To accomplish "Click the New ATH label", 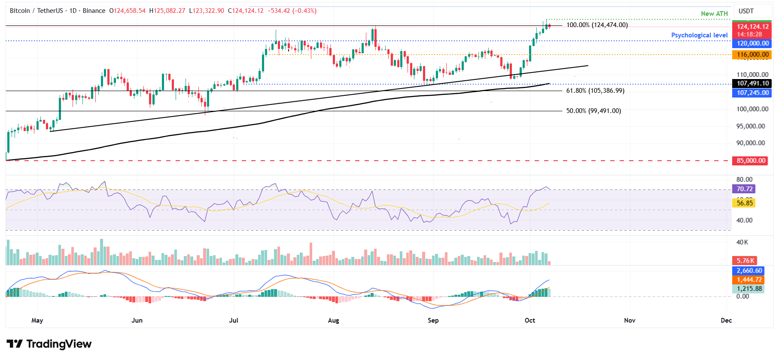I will [714, 14].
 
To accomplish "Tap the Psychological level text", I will [699, 35].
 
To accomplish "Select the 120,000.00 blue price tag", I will [752, 43].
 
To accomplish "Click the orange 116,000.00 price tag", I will [752, 55].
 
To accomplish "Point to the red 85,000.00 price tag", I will [751, 161].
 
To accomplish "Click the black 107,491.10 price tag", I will [752, 83].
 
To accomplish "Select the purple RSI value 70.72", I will [745, 189].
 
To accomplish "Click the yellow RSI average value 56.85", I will [745, 203].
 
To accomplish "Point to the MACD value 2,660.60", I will [749, 271].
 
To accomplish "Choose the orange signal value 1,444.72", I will [749, 280].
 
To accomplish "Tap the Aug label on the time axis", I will [333, 320].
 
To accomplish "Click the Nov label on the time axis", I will [630, 320].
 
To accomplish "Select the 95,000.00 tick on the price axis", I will [750, 126].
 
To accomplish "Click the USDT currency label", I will [746, 11].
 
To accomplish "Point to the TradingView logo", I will [49, 344].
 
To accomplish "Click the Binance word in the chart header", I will [94, 11].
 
